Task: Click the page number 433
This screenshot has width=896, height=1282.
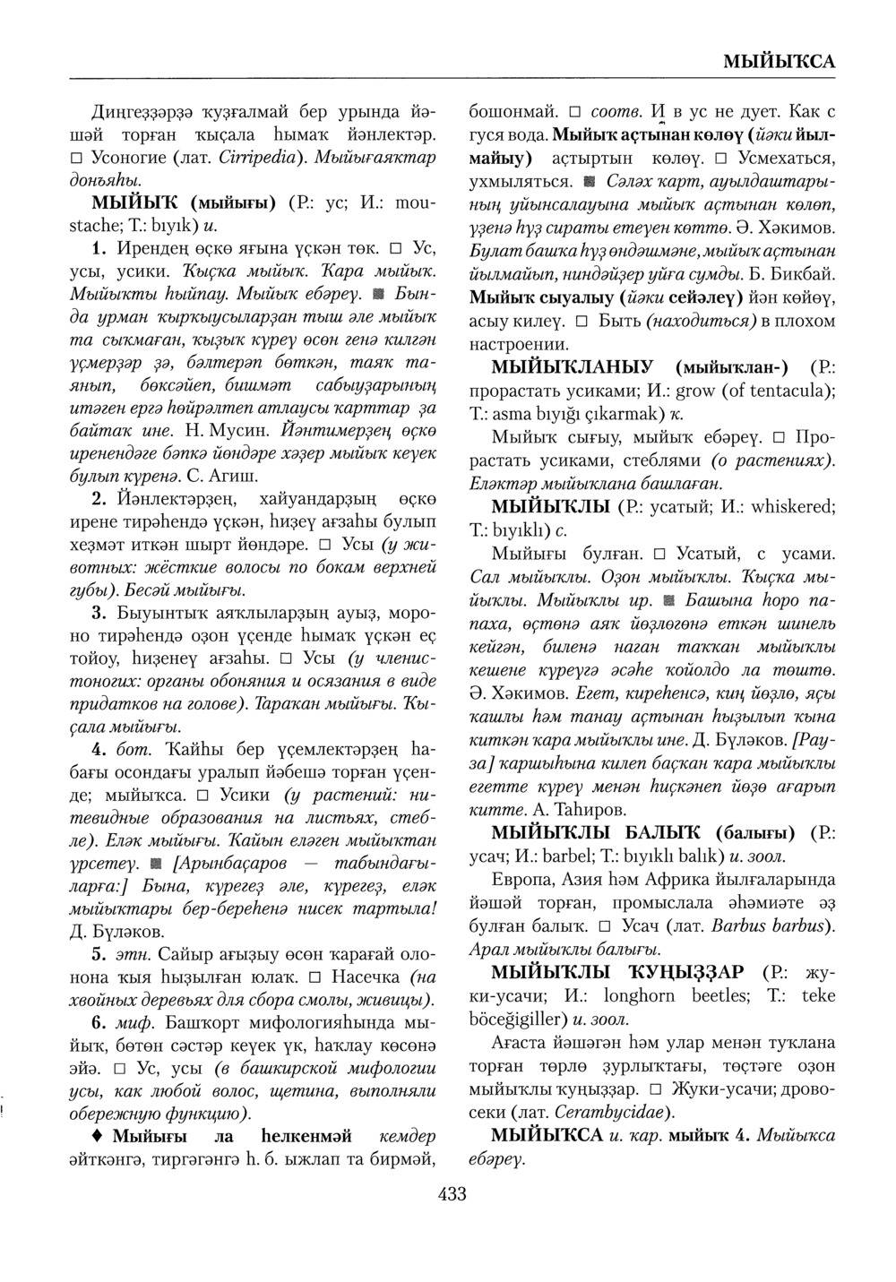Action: [452, 1193]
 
